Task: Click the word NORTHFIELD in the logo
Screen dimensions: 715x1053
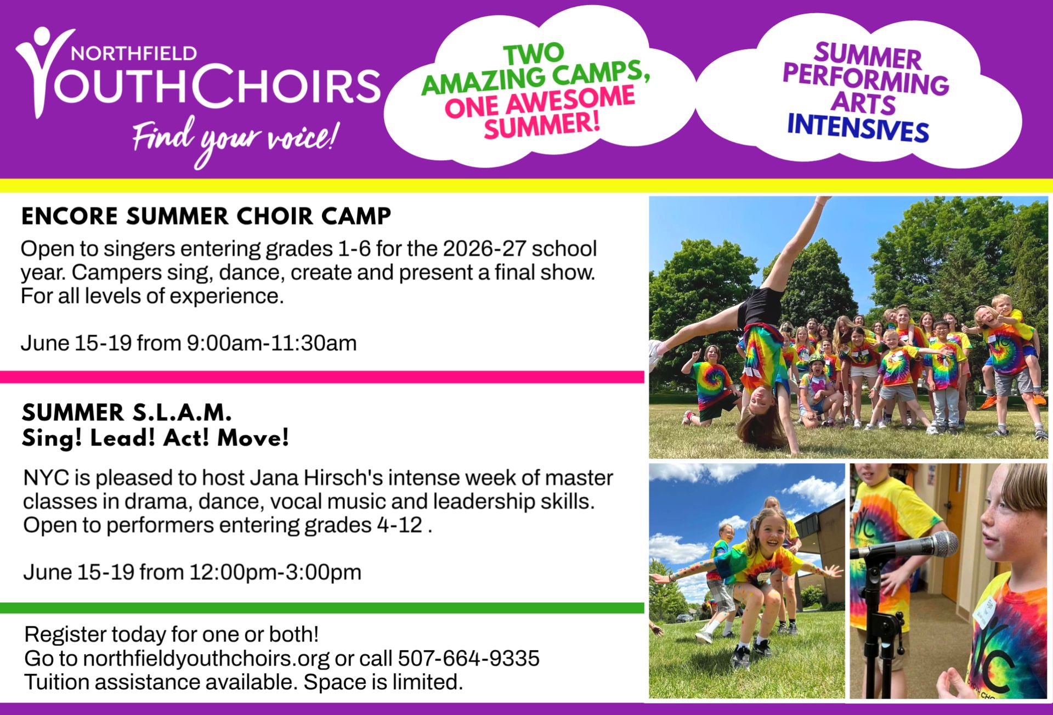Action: point(134,53)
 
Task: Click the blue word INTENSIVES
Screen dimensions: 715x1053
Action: point(858,130)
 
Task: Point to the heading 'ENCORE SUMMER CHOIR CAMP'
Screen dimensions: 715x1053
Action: point(206,216)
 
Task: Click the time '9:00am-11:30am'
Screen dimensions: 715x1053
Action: point(272,344)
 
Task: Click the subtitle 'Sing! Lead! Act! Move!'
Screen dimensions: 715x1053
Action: point(155,438)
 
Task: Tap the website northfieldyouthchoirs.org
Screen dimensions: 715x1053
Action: point(206,658)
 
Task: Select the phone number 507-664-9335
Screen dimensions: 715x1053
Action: point(469,658)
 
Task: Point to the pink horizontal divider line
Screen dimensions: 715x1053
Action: point(322,377)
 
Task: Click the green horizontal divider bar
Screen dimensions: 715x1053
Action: point(322,608)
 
